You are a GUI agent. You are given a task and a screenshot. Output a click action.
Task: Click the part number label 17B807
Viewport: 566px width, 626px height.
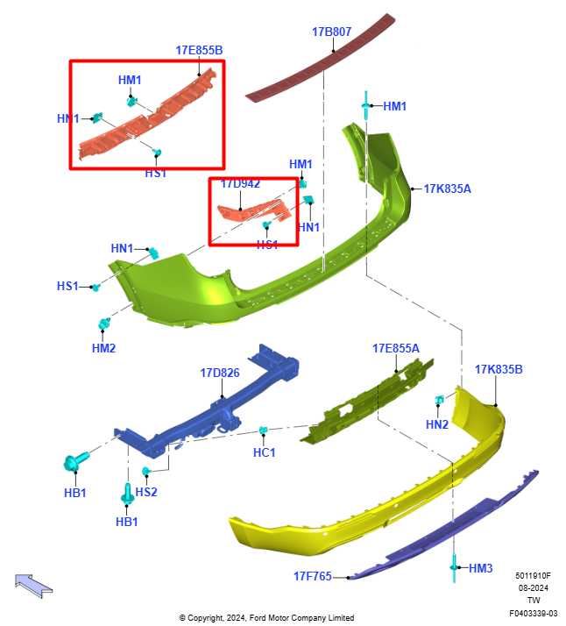point(331,32)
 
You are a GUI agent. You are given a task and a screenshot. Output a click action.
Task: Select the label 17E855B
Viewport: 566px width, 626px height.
point(199,50)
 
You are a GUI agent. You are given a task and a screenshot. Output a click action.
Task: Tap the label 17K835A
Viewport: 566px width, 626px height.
point(447,189)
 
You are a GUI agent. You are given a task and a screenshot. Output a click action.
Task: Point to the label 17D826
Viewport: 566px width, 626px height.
point(220,373)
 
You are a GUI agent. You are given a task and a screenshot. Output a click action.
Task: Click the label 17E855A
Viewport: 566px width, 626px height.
point(396,348)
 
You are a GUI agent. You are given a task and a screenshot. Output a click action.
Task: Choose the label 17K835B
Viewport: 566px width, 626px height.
point(499,369)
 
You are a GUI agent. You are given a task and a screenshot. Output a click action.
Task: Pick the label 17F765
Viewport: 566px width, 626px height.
point(313,576)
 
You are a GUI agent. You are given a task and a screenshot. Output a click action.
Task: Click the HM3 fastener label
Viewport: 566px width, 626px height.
point(481,568)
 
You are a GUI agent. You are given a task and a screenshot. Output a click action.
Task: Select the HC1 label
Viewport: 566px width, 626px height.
point(264,452)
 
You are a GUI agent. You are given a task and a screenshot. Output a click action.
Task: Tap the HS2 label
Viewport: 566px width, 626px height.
point(146,492)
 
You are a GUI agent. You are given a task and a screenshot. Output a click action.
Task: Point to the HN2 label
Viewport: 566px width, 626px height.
point(437,424)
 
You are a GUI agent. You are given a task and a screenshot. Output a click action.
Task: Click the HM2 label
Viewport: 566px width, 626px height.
point(103,348)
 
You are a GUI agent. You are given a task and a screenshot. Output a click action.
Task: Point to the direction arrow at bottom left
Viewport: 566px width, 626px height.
point(33,586)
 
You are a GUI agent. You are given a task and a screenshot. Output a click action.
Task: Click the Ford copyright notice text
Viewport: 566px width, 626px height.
point(266,617)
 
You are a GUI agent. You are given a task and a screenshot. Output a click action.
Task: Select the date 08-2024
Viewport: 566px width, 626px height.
point(534,588)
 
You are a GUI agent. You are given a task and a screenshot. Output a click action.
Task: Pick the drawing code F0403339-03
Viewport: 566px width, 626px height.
point(534,613)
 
